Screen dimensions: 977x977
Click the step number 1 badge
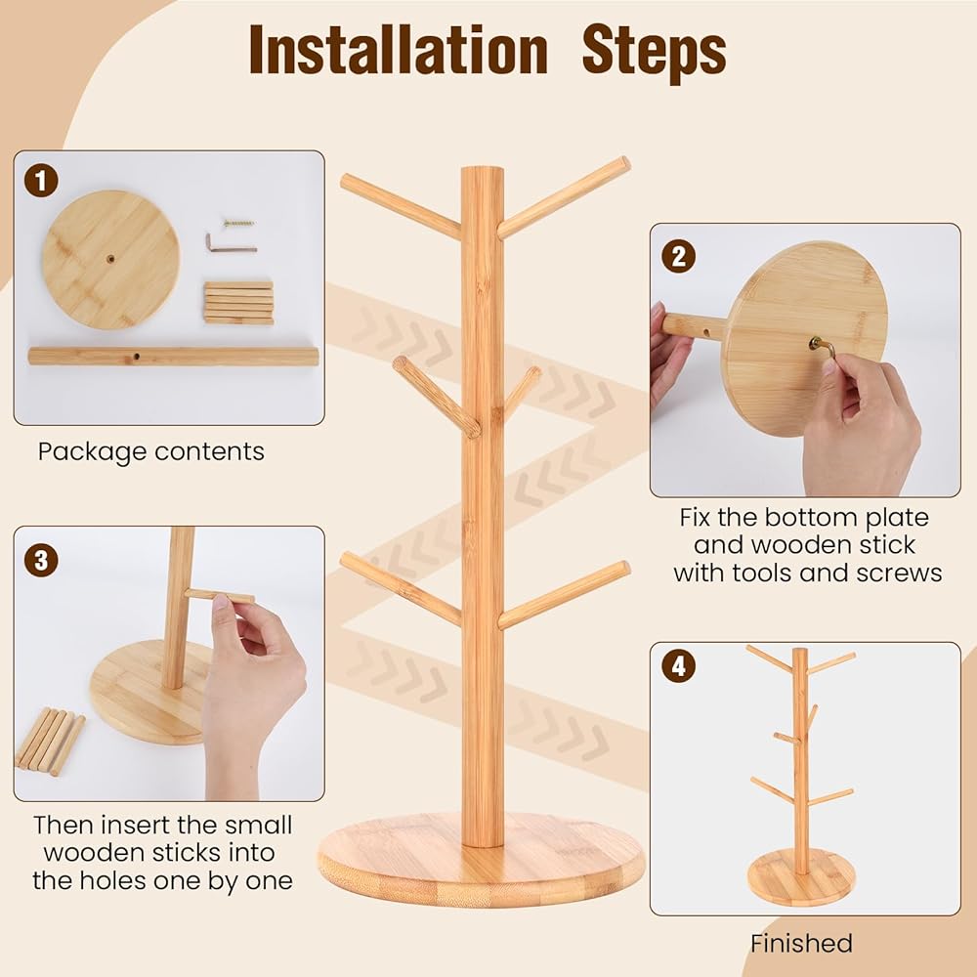[41, 181]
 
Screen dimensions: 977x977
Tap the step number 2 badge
[679, 256]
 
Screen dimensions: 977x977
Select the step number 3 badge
[41, 560]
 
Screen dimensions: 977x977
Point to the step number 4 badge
[679, 666]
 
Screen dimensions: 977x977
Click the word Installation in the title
[399, 51]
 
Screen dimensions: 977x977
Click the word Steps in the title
[655, 54]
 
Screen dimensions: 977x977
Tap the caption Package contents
[150, 451]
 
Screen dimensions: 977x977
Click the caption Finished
[801, 944]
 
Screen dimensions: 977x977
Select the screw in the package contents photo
[239, 223]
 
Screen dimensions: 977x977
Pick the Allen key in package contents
[231, 244]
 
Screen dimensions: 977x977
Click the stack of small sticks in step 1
[238, 303]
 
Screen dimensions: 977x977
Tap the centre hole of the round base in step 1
[111, 259]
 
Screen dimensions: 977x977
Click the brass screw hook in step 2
[822, 347]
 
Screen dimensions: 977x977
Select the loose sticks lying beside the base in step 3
[50, 741]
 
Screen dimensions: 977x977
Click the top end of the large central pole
[483, 168]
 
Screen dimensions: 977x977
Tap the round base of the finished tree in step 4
[801, 877]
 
